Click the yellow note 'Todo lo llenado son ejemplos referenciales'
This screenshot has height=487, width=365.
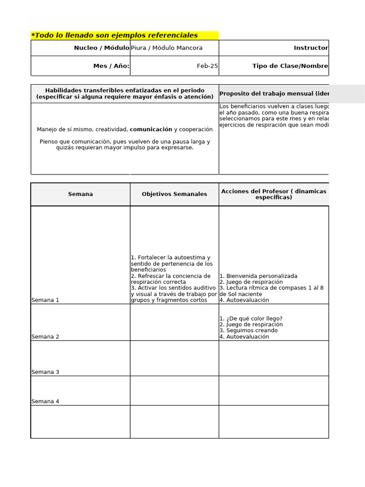(115, 36)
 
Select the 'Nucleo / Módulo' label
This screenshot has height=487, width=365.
(101, 48)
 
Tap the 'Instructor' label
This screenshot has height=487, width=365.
(311, 48)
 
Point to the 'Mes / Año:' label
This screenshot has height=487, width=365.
(111, 66)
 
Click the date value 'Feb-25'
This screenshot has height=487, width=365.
(207, 66)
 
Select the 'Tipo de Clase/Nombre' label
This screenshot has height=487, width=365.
(290, 66)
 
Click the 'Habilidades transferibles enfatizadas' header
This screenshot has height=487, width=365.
(125, 94)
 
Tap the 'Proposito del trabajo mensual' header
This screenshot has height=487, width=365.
(274, 94)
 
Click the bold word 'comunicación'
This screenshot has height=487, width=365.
(151, 129)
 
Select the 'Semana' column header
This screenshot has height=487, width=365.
(80, 194)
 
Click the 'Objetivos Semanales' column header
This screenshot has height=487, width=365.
(174, 194)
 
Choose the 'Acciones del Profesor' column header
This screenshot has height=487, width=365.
(274, 194)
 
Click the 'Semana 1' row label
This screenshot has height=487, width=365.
(45, 300)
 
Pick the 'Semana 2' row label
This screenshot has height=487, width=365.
(45, 337)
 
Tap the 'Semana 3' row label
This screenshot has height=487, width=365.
(45, 372)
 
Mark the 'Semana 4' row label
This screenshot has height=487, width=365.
(45, 401)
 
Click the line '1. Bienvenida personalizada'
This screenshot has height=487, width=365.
(258, 276)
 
